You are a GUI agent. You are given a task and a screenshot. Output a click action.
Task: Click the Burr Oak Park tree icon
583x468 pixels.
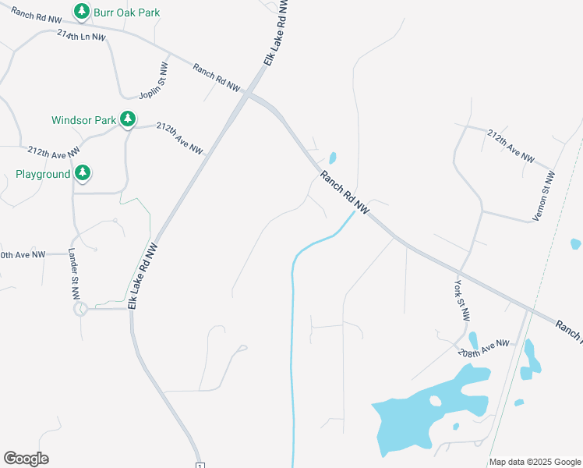(x=81, y=12)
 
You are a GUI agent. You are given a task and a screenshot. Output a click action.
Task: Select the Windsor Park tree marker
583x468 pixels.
(x=128, y=119)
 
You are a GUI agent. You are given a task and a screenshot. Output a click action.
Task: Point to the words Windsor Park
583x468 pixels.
(x=83, y=120)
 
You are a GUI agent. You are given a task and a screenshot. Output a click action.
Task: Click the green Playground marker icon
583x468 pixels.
(x=83, y=173)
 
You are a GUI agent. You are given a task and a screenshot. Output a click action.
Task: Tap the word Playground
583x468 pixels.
(x=43, y=174)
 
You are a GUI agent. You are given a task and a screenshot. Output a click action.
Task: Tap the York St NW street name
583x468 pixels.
(x=463, y=301)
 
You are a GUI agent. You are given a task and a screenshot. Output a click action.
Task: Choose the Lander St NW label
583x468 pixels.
(x=74, y=274)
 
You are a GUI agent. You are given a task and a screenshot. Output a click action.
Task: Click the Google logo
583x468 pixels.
(x=26, y=459)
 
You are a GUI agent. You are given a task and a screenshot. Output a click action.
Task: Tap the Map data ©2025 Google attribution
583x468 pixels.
(x=535, y=462)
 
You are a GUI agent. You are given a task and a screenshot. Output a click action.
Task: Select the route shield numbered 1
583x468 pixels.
(x=200, y=465)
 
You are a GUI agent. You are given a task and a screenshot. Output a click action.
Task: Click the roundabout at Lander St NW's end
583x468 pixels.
(x=79, y=310)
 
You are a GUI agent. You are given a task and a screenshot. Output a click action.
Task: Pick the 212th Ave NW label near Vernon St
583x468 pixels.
(x=511, y=146)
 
